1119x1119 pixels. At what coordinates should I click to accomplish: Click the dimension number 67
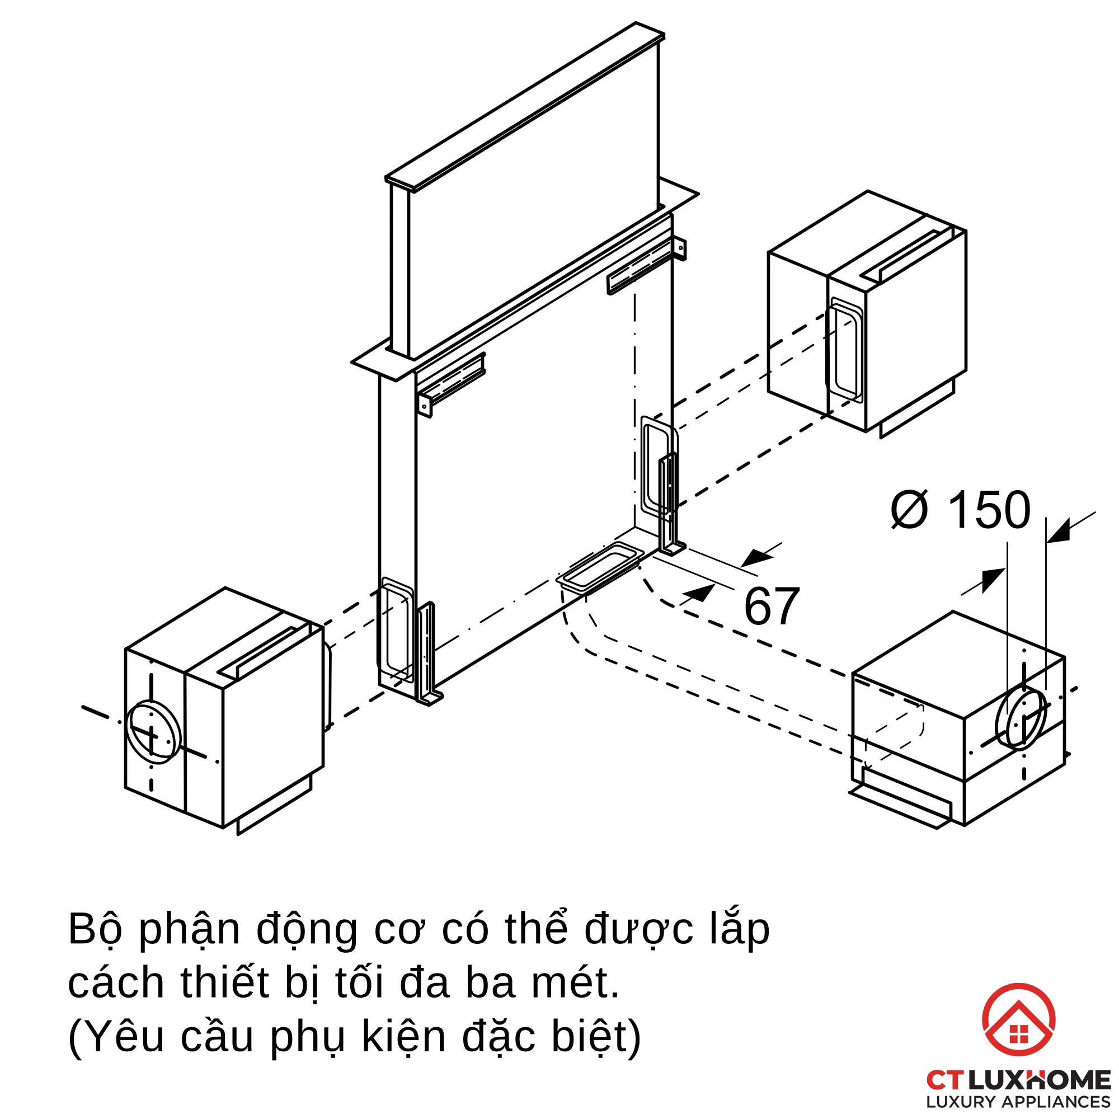pyautogui.click(x=772, y=607)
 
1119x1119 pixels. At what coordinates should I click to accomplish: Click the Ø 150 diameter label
pyautogui.click(x=960, y=510)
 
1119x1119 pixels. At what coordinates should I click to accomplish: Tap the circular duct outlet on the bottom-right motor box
pyautogui.click(x=1021, y=719)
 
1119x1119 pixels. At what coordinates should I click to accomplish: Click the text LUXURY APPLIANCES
pyautogui.click(x=1018, y=1102)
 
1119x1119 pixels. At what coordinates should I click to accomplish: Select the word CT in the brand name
pyautogui.click(x=944, y=1080)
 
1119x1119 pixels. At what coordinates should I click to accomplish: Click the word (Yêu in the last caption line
pyautogui.click(x=116, y=1037)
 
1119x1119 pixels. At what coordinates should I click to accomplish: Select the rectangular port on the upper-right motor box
pyautogui.click(x=844, y=350)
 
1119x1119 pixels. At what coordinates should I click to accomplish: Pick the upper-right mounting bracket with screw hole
pyautogui.click(x=646, y=266)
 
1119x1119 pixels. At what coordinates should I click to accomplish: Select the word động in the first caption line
pyautogui.click(x=307, y=929)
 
